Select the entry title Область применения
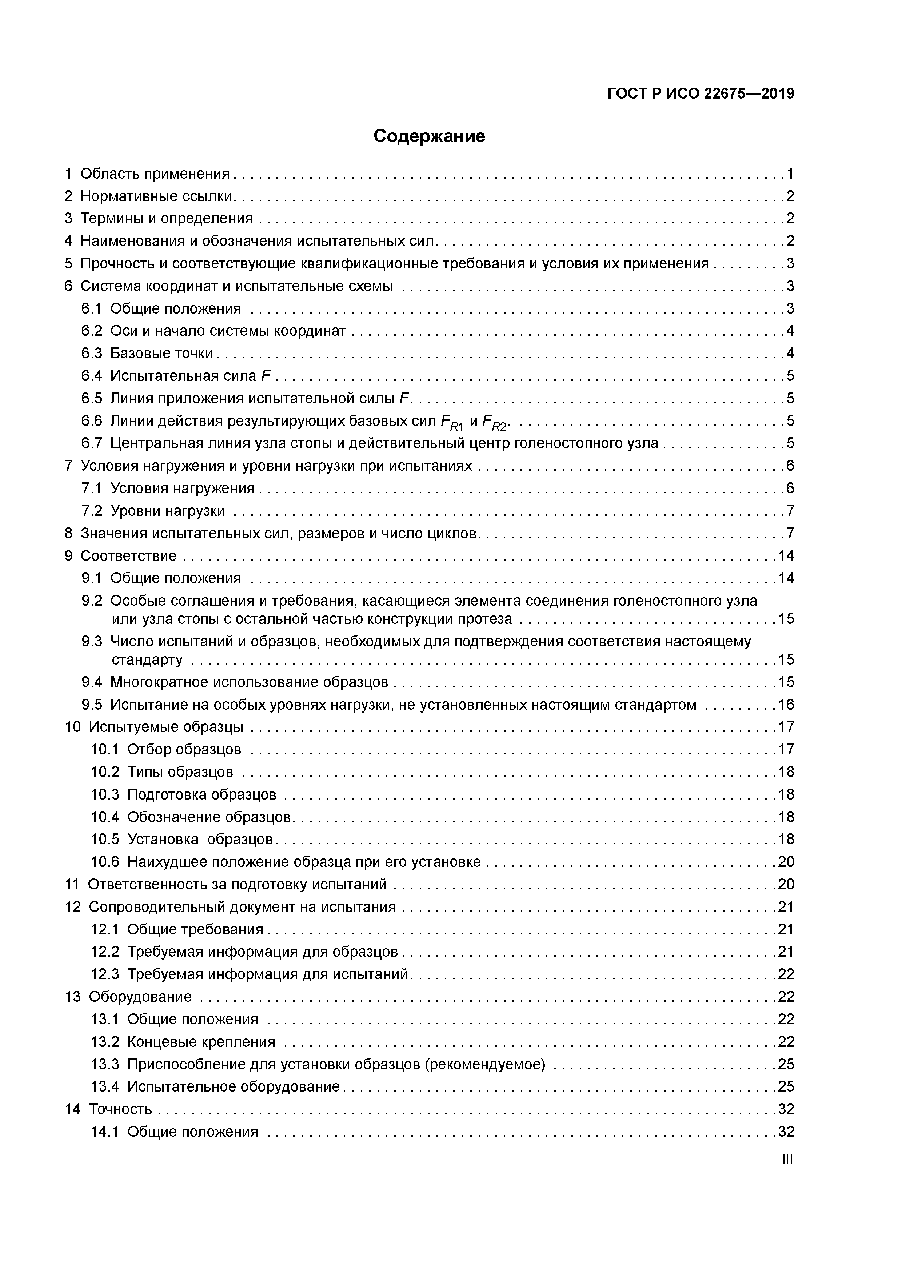click(x=155, y=174)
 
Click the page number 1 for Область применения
click(x=789, y=174)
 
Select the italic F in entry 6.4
click(x=266, y=376)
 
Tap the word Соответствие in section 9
click(x=128, y=556)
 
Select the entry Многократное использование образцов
click(x=249, y=682)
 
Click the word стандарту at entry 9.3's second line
click(x=147, y=660)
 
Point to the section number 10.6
click(x=105, y=862)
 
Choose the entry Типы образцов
click(x=180, y=772)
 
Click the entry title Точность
click(x=121, y=1109)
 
